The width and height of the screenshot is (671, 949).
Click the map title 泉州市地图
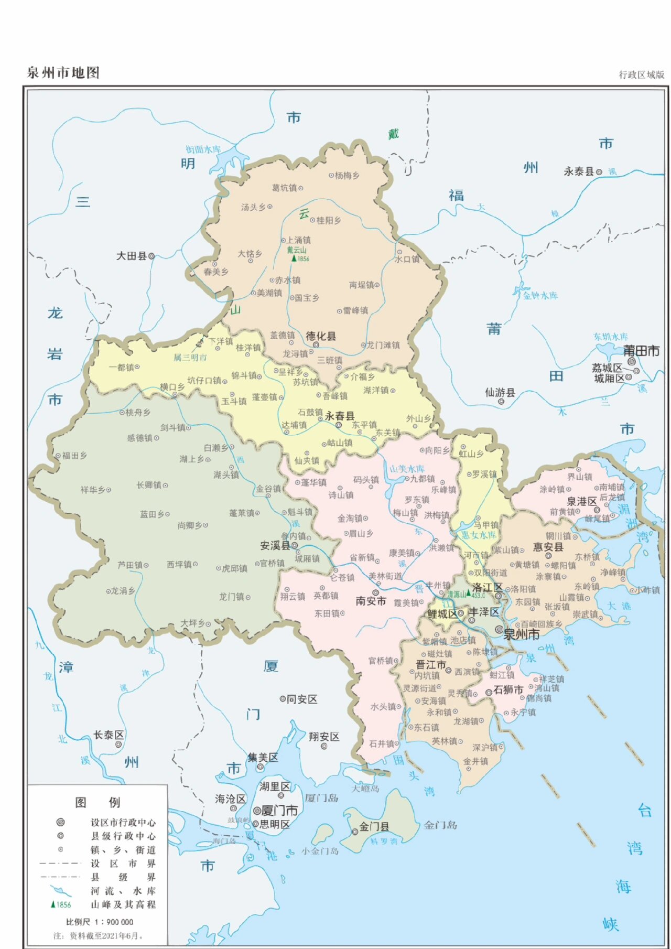pyautogui.click(x=63, y=73)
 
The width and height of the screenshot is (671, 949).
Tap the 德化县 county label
pyautogui.click(x=321, y=336)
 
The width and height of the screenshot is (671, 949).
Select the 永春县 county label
pyautogui.click(x=339, y=416)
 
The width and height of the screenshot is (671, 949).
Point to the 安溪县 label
pyautogui.click(x=275, y=546)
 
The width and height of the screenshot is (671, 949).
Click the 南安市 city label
pyautogui.click(x=371, y=601)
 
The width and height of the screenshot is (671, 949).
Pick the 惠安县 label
pyautogui.click(x=548, y=547)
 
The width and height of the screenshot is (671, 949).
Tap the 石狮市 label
pyautogui.click(x=508, y=690)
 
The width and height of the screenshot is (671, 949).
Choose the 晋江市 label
pyautogui.click(x=430, y=665)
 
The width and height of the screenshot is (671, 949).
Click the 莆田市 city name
pyautogui.click(x=641, y=351)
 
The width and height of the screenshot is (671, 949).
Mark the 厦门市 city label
pyautogui.click(x=279, y=811)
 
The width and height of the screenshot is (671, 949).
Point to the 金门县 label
pyautogui.click(x=374, y=827)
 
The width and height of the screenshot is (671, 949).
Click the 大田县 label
pyautogui.click(x=132, y=256)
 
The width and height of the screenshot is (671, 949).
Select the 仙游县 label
pyautogui.click(x=500, y=393)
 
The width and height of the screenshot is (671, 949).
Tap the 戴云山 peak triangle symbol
pyautogui.click(x=294, y=258)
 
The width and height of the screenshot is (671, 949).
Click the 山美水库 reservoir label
pyautogui.click(x=407, y=469)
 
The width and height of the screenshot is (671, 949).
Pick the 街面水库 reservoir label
pyautogui.click(x=203, y=149)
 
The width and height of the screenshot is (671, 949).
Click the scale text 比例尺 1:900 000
pyautogui.click(x=100, y=922)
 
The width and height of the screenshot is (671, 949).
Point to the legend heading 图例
pyautogui.click(x=98, y=802)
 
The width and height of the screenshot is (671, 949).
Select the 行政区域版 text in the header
pyautogui.click(x=641, y=75)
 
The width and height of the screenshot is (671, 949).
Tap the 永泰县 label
pyautogui.click(x=579, y=171)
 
